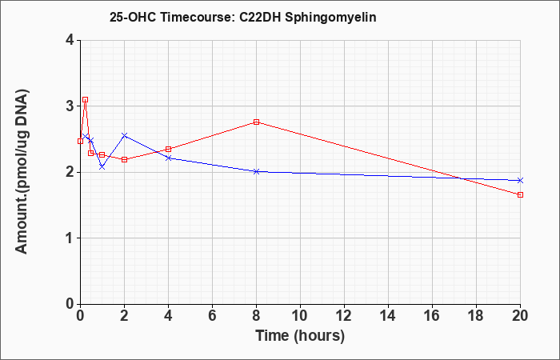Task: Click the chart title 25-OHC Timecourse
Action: pos(170,17)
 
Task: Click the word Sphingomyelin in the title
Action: pos(330,18)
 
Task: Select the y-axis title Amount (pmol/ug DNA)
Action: pos(22,171)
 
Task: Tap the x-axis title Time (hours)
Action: pos(300,336)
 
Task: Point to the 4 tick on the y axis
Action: pos(70,40)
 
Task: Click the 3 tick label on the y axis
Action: pos(70,106)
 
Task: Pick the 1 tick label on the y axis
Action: pos(70,238)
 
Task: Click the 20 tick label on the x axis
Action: pos(520,316)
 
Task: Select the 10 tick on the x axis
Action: pos(300,316)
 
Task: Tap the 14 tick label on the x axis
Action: pos(388,316)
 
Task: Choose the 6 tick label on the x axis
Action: pos(212,316)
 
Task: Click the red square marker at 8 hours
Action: pos(256,122)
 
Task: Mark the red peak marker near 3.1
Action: pos(85,100)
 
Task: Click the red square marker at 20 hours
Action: pos(520,194)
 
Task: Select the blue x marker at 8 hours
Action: pos(256,171)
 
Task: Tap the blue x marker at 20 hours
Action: pos(520,180)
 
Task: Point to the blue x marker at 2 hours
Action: pos(124,135)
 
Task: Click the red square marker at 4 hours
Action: pos(168,149)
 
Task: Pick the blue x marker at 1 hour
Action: pos(102,166)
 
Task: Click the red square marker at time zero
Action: pos(80,141)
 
